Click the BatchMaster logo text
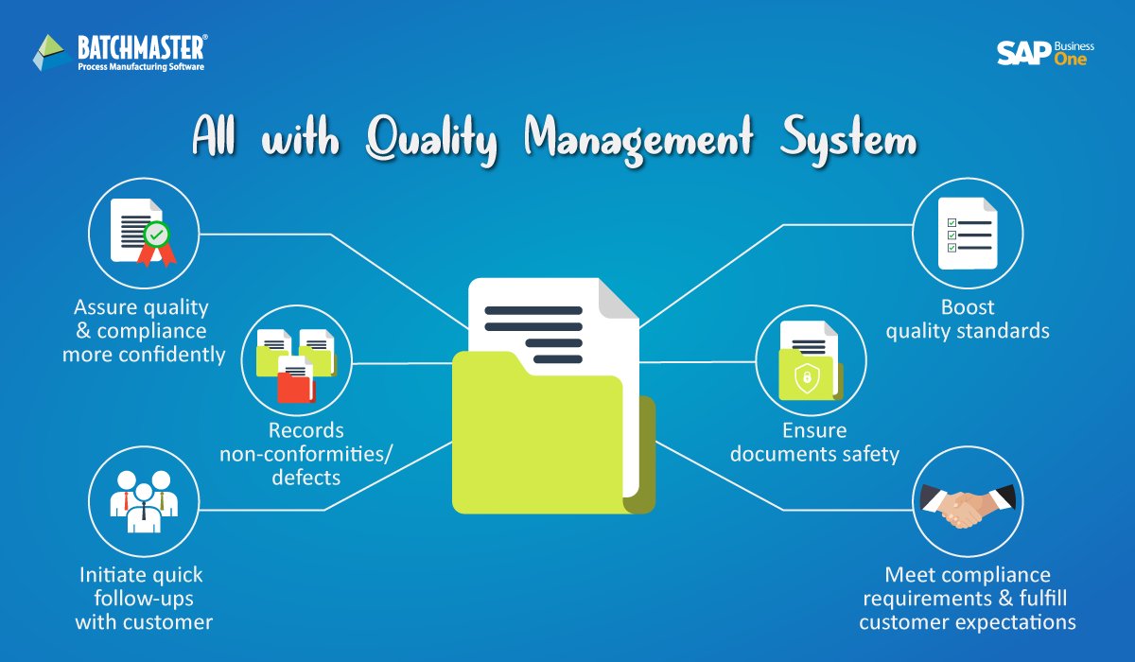pos(143,45)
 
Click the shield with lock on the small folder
pos(806,379)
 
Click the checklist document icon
pos(968,233)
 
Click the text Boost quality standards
pos(968,320)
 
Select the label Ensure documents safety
pos(814,443)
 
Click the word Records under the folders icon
pos(306,430)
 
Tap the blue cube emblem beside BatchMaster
pos(50,54)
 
